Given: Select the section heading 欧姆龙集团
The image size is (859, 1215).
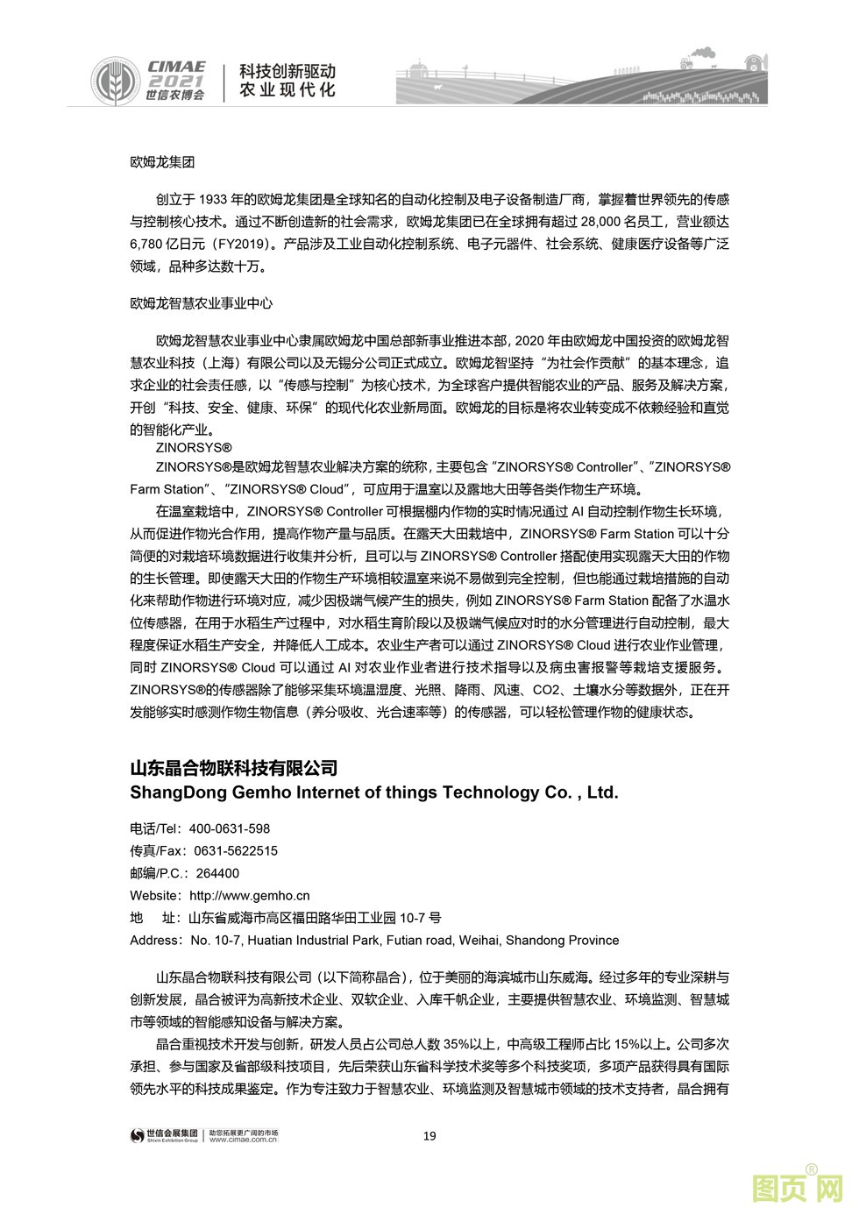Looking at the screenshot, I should pyautogui.click(x=162, y=162).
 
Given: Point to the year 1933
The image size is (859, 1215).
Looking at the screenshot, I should pyautogui.click(x=214, y=200).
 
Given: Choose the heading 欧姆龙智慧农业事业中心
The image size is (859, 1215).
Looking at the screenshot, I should pyautogui.click(x=201, y=303).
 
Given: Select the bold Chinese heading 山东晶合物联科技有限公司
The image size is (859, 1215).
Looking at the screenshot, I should pyautogui.click(x=234, y=769).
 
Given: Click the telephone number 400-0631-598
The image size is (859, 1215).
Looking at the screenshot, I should pyautogui.click(x=230, y=828).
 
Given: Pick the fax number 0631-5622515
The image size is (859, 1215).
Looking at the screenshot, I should pyautogui.click(x=236, y=850).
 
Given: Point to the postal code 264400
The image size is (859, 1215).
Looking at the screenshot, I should pyautogui.click(x=217, y=873).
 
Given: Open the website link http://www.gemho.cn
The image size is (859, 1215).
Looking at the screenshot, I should pyautogui.click(x=250, y=896).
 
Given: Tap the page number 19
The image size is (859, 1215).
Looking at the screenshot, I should pyautogui.click(x=429, y=1136).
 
